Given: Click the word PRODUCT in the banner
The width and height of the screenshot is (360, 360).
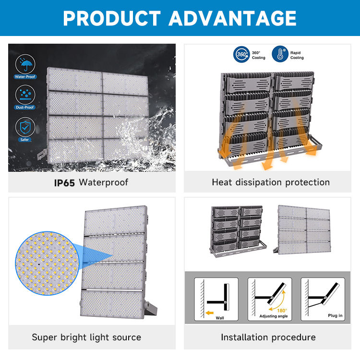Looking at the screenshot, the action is pos(112,18).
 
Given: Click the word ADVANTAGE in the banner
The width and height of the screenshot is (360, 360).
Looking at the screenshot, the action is pos(233,18).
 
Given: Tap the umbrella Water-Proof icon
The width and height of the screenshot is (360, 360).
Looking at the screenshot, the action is pos(25,64).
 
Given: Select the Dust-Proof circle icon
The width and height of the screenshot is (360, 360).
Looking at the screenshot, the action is pos(25,95).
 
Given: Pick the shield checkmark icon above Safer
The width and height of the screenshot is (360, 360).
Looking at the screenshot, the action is pos(25,127).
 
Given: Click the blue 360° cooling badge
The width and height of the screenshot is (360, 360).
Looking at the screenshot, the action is pos(241,54).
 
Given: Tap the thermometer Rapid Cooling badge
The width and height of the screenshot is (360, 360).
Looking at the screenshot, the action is pos(280,54).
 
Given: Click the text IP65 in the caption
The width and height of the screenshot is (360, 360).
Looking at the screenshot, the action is pos(64,183).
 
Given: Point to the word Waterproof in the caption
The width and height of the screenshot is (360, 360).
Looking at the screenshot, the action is pos(104,182).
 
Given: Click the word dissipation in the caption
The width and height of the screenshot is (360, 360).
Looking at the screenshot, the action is pos(259,182).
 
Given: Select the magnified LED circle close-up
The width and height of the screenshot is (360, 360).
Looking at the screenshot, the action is pos(48,263).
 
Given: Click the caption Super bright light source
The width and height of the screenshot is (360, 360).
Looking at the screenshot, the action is pos(86,337).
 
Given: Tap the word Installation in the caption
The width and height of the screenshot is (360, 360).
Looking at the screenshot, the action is pos(244,337).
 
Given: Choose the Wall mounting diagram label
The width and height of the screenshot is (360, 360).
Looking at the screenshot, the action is pos(220,318).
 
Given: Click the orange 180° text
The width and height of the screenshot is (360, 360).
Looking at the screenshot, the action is pos(282,311).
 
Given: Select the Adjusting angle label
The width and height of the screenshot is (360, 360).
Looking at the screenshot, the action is pos(274,316).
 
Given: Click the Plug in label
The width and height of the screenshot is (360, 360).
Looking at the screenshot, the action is pos(335,315).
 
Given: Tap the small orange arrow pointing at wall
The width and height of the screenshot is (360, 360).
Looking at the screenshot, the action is pos(210,312).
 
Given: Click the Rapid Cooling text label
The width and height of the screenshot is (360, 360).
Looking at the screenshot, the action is pos(297,55).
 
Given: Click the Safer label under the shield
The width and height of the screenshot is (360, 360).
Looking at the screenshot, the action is pos(24,140).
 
